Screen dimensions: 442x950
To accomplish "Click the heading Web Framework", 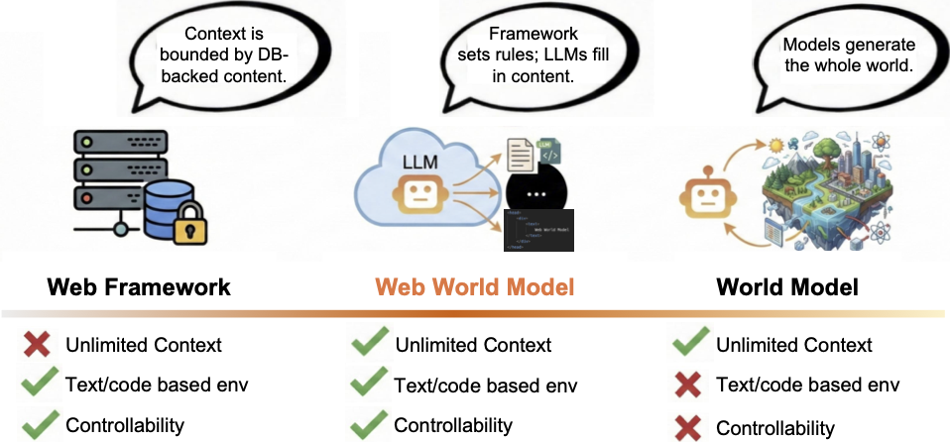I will click(x=139, y=288).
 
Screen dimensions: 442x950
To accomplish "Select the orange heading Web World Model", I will click(x=467, y=288).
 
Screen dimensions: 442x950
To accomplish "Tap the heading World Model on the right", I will click(x=787, y=288).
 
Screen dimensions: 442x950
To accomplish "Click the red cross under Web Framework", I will click(x=38, y=345).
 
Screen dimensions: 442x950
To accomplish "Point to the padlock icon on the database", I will click(x=188, y=228).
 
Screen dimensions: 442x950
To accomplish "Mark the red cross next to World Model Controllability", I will click(x=688, y=427).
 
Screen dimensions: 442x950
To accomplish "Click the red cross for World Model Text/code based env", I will click(x=688, y=386).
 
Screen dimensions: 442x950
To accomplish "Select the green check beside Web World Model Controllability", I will click(x=369, y=426).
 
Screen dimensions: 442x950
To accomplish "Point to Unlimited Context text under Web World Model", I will click(x=473, y=345).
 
